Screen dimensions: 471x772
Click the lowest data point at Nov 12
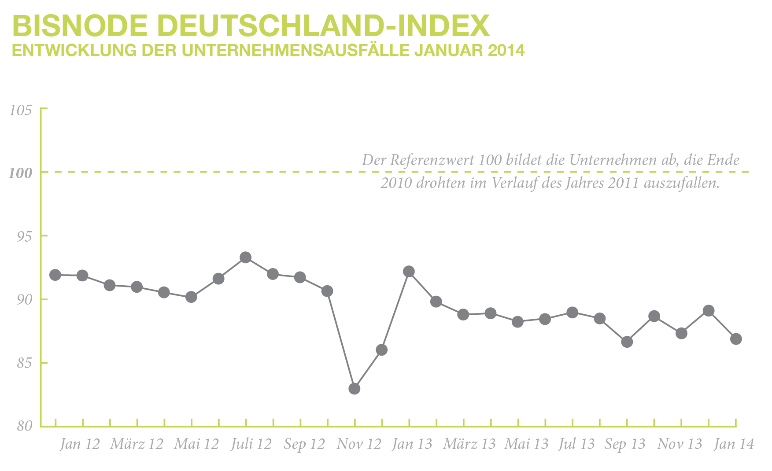point(355,389)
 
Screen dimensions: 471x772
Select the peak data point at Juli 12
point(246,258)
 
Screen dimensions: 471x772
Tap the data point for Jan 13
point(409,271)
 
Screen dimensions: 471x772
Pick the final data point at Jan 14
point(736,339)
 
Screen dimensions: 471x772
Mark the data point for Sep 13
point(627,342)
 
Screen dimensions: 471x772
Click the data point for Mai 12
point(191,297)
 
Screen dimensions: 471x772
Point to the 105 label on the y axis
point(21,110)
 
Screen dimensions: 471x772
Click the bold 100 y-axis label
point(21,173)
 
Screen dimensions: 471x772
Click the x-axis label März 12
point(137,444)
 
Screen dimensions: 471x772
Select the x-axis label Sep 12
point(304,444)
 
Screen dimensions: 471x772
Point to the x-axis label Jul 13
point(576,444)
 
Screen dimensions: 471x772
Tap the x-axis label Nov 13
point(680,444)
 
